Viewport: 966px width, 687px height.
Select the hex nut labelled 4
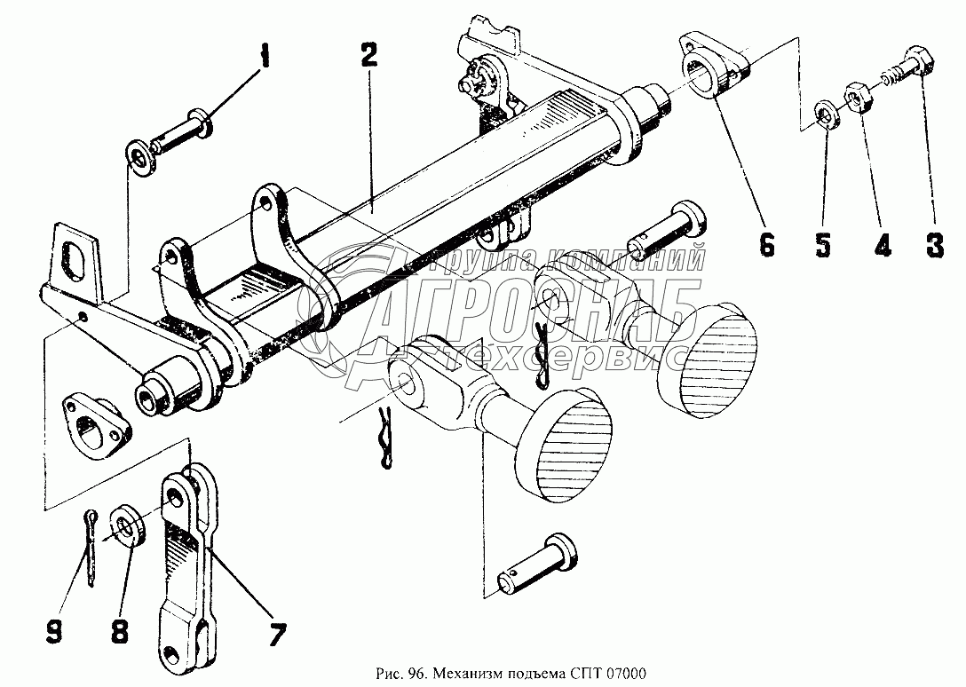click(858, 95)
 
